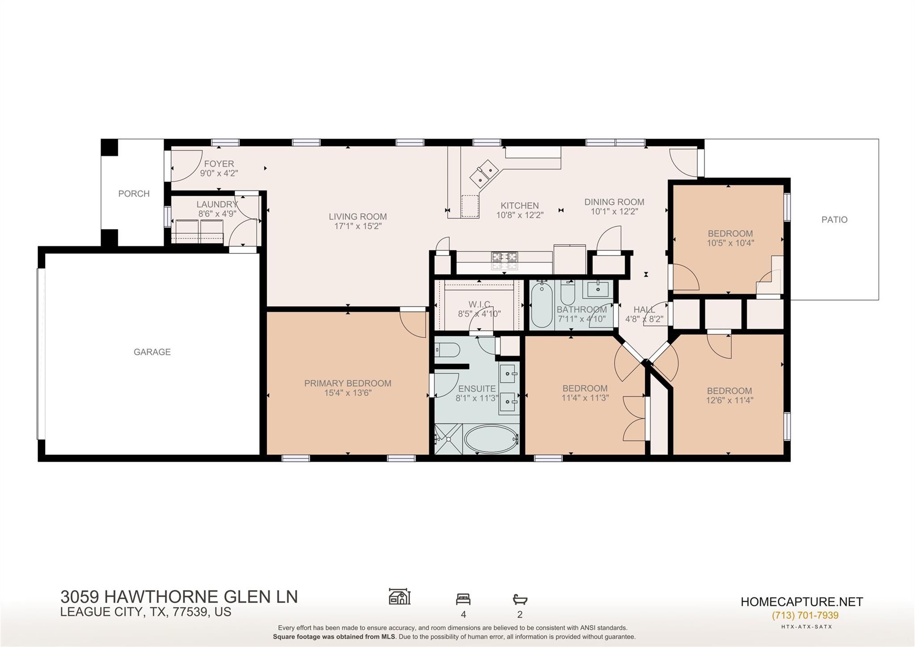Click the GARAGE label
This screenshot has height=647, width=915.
(x=152, y=352)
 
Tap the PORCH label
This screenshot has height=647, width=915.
(x=134, y=194)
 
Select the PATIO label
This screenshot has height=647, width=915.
(x=834, y=220)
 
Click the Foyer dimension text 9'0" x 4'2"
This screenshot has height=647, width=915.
(x=219, y=173)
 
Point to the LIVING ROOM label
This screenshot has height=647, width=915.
(x=357, y=216)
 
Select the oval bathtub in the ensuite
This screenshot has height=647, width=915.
(x=491, y=439)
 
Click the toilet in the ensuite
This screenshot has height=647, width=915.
(x=447, y=350)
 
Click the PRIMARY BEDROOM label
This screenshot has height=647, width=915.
(x=348, y=383)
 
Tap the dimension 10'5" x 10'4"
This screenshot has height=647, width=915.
(x=730, y=243)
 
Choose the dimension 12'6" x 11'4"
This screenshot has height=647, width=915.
(x=729, y=401)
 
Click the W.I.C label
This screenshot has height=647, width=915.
(x=479, y=304)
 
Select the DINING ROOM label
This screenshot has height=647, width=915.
(x=614, y=202)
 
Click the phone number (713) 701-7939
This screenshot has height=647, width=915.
(x=805, y=615)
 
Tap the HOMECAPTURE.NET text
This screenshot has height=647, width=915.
(x=802, y=602)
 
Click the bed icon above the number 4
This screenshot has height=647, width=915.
(x=463, y=599)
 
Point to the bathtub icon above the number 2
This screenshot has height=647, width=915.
(x=520, y=599)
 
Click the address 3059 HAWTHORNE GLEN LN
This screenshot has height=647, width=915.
(x=179, y=597)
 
